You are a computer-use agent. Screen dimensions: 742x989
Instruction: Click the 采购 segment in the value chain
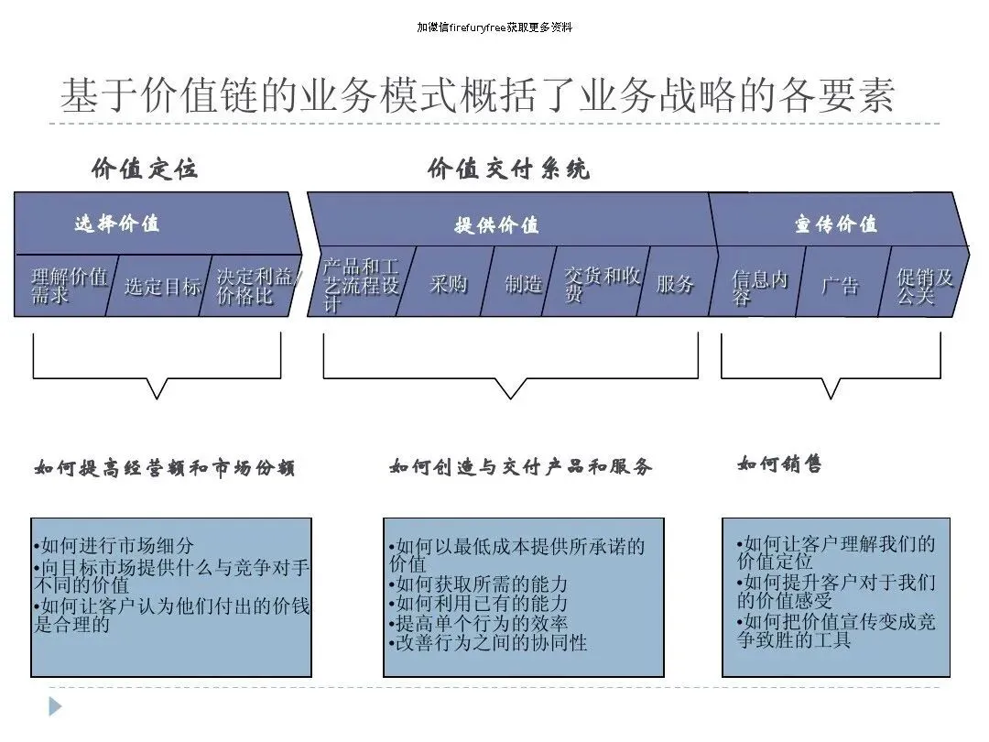(449, 283)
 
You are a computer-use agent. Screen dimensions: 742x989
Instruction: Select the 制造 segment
(523, 283)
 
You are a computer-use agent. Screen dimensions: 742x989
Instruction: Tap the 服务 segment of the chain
(676, 283)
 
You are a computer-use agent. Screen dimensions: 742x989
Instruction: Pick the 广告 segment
(840, 285)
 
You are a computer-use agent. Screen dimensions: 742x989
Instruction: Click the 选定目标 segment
(161, 286)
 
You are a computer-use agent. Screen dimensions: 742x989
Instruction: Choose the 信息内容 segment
(758, 285)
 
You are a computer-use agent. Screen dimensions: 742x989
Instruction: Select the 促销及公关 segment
(923, 285)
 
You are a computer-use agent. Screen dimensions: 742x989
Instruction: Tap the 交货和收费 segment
(600, 283)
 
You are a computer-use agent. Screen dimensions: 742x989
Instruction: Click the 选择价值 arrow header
(117, 223)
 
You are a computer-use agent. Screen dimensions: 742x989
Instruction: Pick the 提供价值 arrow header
(497, 224)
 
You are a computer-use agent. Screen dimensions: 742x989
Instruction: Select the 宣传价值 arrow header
(836, 224)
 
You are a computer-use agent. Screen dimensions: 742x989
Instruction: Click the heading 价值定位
(145, 169)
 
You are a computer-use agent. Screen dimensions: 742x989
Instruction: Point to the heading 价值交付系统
(508, 169)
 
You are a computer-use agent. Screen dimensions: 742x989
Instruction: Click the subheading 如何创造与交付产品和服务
(520, 466)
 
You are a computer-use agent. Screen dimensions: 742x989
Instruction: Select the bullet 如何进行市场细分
(114, 547)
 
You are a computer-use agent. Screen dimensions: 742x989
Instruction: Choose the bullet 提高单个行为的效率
(477, 623)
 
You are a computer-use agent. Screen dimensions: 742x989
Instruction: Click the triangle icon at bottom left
(55, 706)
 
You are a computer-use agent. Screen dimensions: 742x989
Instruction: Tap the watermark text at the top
(494, 27)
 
